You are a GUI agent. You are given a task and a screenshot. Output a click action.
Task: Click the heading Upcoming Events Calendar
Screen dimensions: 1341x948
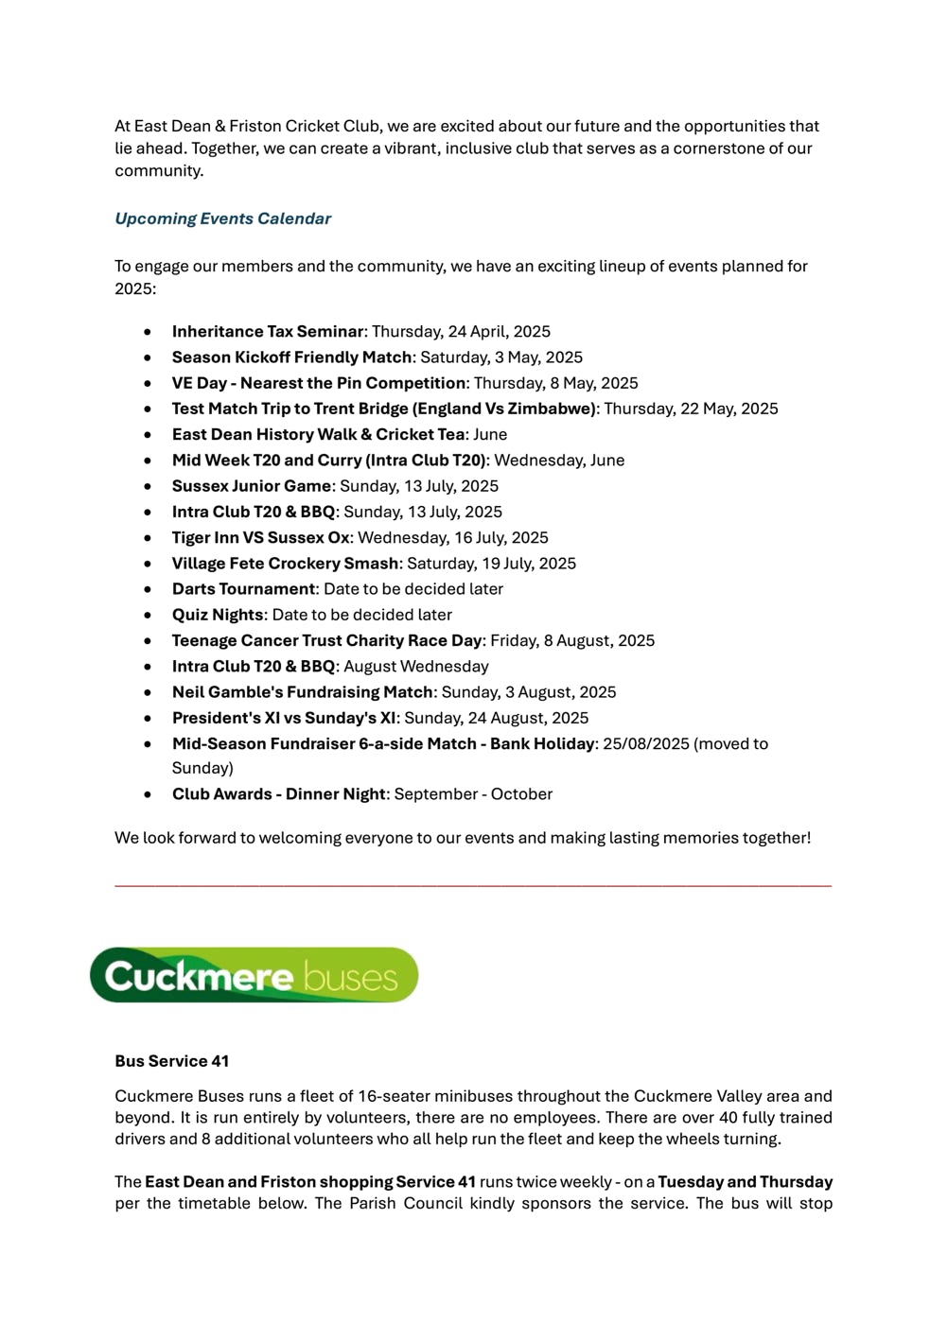point(222,218)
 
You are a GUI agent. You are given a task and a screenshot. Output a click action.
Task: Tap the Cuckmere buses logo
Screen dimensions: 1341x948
point(254,975)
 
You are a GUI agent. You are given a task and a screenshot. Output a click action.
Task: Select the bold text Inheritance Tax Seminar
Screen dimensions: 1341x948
point(268,332)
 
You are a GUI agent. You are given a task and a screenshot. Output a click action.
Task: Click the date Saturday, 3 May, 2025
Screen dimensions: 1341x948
point(501,357)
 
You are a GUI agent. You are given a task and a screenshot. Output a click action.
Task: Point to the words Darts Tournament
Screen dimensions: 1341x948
point(243,589)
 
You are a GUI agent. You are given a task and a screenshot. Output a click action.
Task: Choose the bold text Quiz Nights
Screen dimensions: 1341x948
point(218,615)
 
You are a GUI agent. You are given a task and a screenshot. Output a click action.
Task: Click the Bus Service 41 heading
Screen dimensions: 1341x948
point(172,1061)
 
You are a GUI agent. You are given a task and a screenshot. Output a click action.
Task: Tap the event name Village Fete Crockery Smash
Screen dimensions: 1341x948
point(285,564)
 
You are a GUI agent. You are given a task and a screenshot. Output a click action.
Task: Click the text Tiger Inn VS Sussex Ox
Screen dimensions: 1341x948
point(260,538)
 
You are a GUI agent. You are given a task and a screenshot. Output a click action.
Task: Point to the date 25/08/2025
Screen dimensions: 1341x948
point(646,744)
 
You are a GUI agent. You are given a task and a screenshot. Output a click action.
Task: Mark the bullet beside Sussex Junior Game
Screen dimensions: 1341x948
point(149,487)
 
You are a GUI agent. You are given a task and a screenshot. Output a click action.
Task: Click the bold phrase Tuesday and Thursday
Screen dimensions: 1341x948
point(745,1182)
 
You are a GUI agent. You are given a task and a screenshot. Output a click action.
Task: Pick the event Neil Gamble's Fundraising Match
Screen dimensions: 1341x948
point(302,692)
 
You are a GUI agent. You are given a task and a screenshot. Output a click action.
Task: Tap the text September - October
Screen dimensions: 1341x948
point(473,794)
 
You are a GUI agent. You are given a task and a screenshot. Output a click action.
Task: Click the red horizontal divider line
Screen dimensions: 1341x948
point(473,885)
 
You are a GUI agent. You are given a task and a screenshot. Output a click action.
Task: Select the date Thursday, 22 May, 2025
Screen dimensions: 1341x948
point(691,409)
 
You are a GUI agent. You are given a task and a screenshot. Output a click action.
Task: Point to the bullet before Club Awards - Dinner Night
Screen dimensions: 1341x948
point(149,795)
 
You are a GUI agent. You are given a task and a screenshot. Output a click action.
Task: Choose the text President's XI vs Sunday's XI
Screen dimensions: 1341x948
point(285,718)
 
